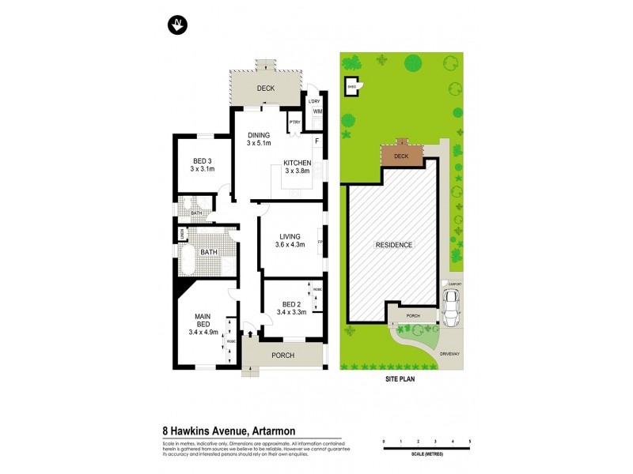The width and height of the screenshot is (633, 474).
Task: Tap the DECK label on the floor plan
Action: (265, 88)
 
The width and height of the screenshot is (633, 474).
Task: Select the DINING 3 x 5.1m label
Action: (259, 139)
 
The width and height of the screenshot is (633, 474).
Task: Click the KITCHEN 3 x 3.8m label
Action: (298, 167)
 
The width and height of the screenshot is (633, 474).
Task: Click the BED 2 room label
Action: (291, 308)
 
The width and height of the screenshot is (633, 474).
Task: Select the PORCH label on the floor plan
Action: (282, 355)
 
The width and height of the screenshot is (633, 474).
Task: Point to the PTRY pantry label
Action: (294, 122)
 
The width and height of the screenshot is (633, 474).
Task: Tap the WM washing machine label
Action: (317, 112)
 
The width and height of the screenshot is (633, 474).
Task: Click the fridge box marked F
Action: (316, 141)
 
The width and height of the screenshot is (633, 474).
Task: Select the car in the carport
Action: (452, 307)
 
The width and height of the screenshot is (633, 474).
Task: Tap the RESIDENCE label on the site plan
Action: (394, 245)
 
